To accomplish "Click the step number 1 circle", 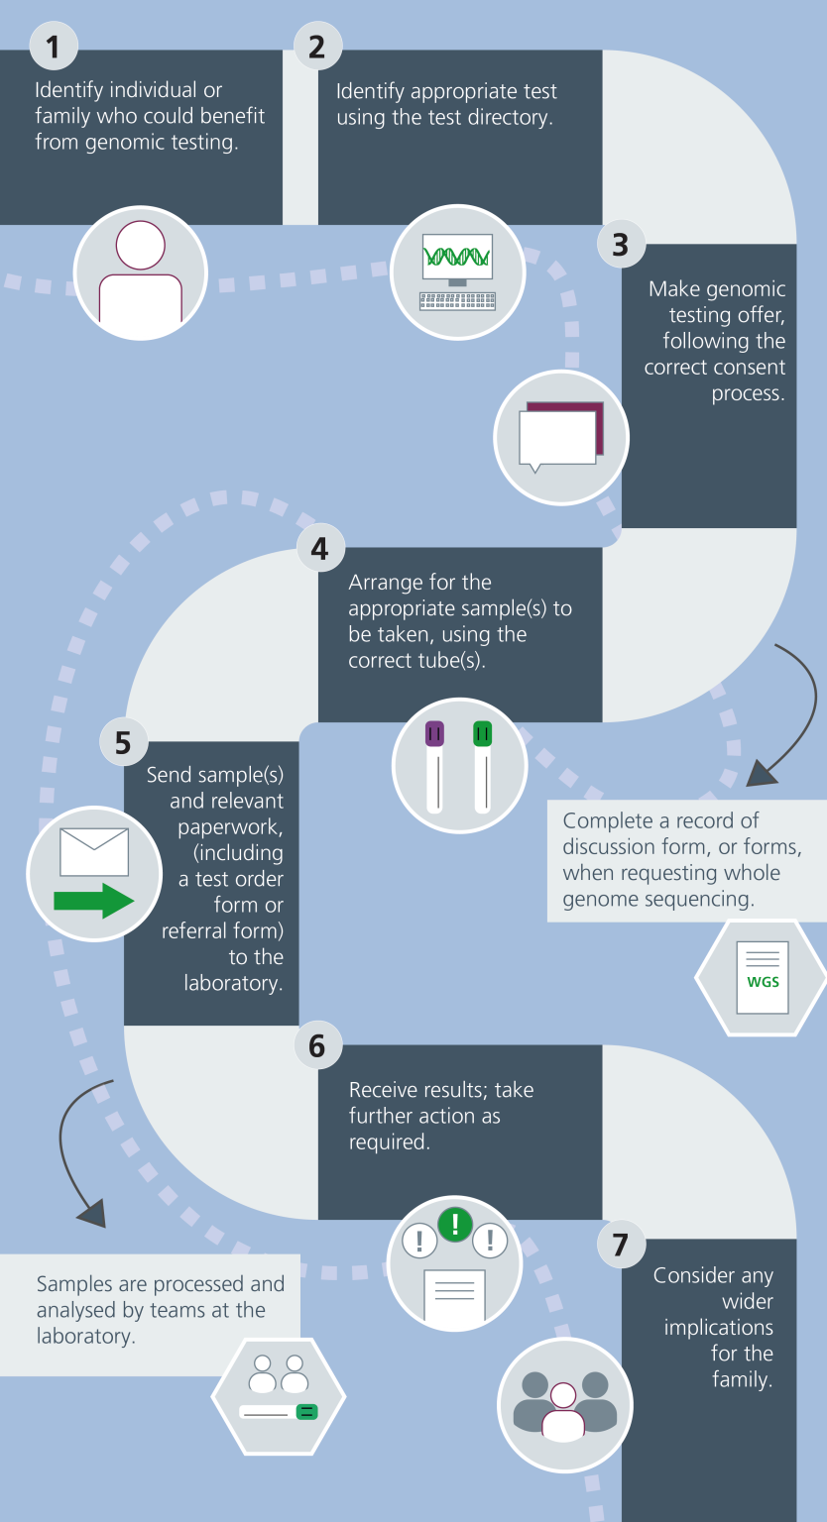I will pyautogui.click(x=54, y=46).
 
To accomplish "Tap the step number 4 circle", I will pyautogui.click(x=319, y=548).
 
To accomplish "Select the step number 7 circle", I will pyautogui.click(x=621, y=1244).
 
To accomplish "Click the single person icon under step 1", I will pyautogui.click(x=141, y=272).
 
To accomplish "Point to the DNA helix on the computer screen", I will pyautogui.click(x=457, y=257).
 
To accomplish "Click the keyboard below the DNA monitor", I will pyautogui.click(x=457, y=300).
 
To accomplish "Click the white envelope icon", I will pyautogui.click(x=94, y=852).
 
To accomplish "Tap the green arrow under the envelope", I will pyautogui.click(x=93, y=901).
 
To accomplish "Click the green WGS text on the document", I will pyautogui.click(x=763, y=982).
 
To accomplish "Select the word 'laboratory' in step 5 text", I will pyautogui.click(x=233, y=983).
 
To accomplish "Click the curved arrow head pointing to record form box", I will pyautogui.click(x=761, y=774).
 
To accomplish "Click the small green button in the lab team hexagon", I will pyautogui.click(x=307, y=1411).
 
